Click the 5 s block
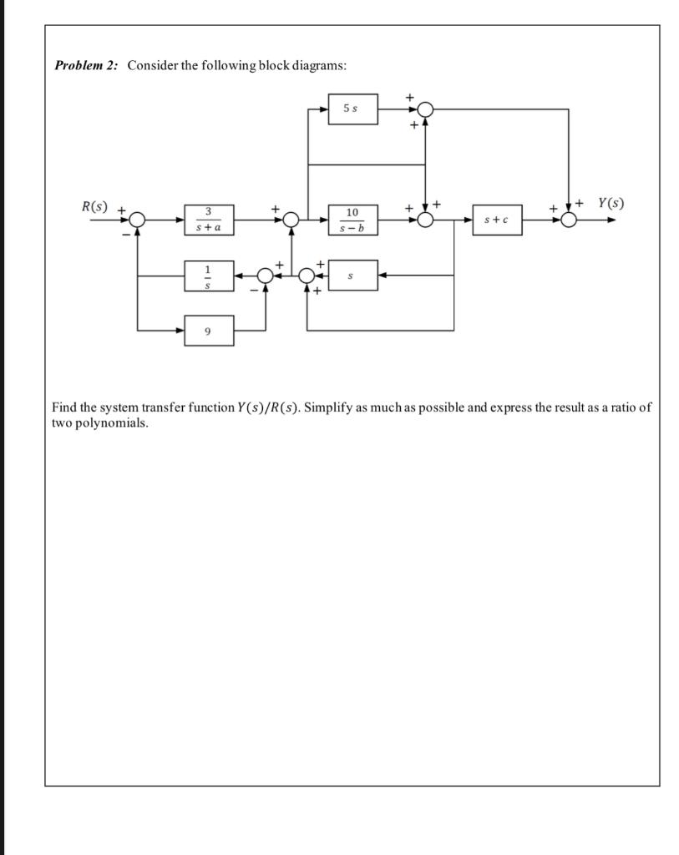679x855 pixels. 352,109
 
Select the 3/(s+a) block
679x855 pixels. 209,220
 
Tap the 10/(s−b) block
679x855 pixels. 352,220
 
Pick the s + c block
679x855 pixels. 497,220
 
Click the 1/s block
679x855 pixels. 209,275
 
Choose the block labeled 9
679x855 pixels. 209,331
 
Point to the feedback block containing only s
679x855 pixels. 352,275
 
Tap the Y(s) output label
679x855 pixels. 611,203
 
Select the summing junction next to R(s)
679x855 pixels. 137,220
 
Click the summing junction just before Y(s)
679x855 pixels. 569,220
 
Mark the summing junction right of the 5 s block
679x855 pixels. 425,109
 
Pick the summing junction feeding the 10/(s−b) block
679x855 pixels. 290,220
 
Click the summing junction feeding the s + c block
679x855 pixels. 425,220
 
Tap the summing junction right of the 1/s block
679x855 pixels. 266,275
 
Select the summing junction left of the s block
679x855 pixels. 307,275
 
